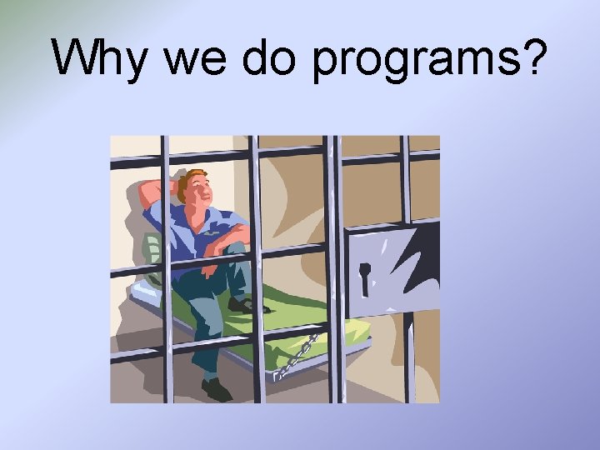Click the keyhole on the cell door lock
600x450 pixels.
click(x=364, y=277)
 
